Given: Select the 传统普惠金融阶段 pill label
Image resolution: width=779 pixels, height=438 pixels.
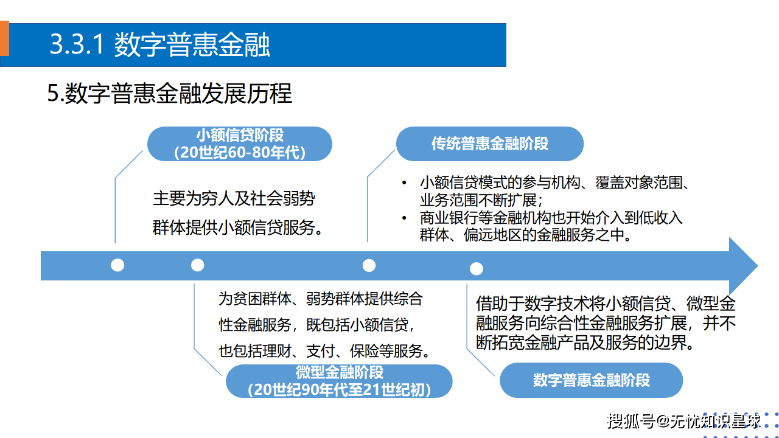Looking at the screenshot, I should [490, 144].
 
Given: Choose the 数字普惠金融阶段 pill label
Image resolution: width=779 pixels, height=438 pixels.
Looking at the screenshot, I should [591, 380].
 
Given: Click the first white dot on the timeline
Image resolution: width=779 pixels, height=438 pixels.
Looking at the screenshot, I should [117, 265].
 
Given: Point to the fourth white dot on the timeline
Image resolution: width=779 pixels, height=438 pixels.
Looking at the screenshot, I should [477, 268].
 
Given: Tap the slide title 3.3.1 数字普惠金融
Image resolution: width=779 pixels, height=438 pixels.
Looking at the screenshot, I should [160, 45].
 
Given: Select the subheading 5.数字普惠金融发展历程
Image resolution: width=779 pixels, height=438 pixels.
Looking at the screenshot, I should [170, 94].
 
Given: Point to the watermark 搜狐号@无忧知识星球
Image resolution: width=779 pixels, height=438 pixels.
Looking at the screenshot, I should [684, 420].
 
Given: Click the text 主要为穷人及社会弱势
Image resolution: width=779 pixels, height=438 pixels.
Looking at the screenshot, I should [234, 198].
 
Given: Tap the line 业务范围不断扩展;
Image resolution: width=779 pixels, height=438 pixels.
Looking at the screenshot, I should [481, 200].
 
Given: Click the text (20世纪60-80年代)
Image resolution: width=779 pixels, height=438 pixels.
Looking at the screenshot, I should [239, 152].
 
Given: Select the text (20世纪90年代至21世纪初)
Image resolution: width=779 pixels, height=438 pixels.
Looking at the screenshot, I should [339, 390].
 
